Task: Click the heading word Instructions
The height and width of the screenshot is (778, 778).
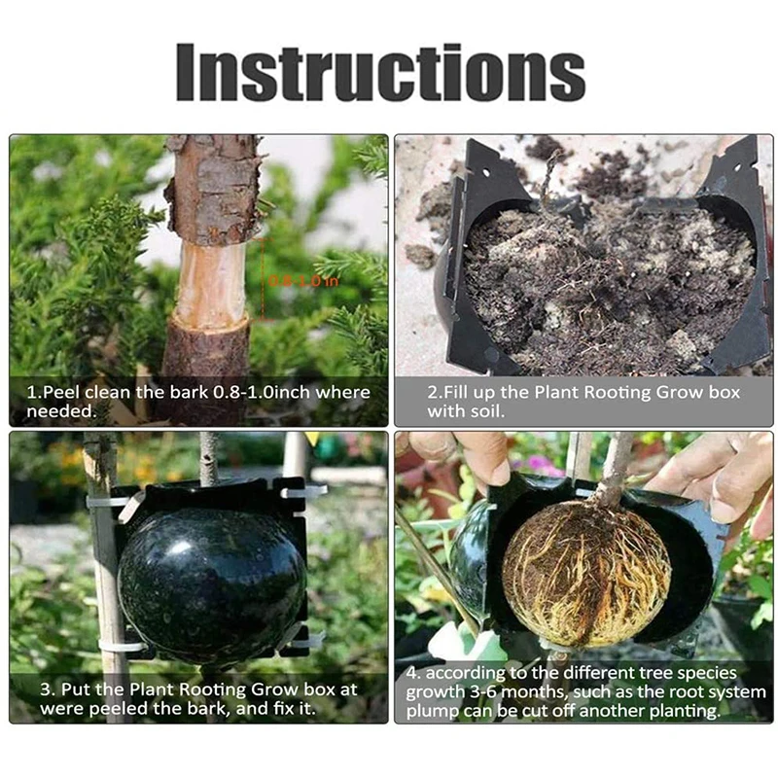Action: [380, 72]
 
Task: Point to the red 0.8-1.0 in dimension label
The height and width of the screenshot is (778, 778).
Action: [290, 281]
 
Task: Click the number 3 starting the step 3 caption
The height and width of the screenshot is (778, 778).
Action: [45, 689]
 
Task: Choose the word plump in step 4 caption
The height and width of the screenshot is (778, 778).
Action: [431, 710]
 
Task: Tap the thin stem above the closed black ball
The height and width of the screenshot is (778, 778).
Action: [208, 457]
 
